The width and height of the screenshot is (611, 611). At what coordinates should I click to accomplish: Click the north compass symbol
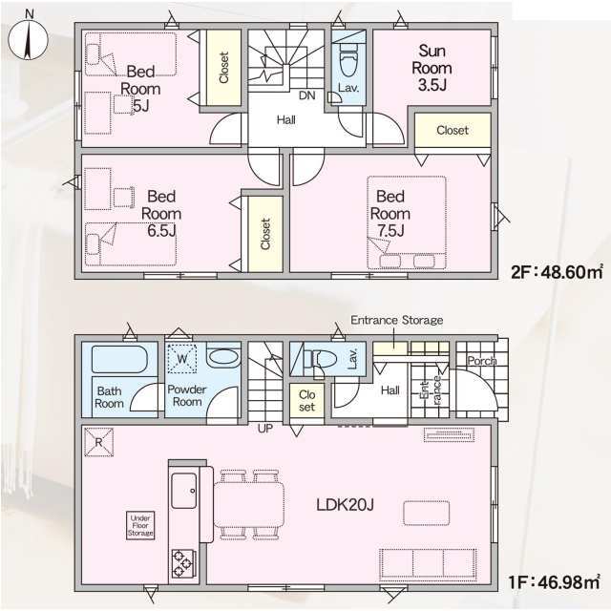(28, 38)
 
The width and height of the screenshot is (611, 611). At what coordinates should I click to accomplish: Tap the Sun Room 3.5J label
(432, 68)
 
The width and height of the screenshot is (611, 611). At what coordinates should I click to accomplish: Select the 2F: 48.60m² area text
(558, 272)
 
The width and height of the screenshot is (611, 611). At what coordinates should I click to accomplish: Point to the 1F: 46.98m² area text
(554, 582)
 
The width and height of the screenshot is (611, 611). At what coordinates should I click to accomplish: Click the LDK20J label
(345, 505)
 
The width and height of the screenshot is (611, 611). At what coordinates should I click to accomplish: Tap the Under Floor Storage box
(140, 525)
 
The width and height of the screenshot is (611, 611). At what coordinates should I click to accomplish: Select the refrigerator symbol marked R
(98, 442)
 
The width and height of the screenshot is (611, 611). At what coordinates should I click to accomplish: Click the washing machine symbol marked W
(182, 359)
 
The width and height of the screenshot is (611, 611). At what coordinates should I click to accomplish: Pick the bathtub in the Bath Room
(118, 359)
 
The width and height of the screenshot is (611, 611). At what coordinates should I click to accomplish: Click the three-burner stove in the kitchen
(182, 563)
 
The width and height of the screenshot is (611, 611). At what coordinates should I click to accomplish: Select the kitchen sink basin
(184, 491)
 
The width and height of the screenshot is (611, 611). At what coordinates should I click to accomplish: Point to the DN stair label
(307, 95)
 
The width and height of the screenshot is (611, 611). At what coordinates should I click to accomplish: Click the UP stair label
(265, 429)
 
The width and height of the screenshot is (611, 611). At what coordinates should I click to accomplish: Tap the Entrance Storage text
(397, 321)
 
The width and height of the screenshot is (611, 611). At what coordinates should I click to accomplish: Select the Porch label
(482, 361)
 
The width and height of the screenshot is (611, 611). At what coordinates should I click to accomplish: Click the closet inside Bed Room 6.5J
(265, 234)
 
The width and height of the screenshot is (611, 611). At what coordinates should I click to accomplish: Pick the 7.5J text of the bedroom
(390, 231)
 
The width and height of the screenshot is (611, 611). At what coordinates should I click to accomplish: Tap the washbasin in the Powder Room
(222, 356)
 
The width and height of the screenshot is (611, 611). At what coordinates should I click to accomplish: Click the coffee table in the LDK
(427, 514)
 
